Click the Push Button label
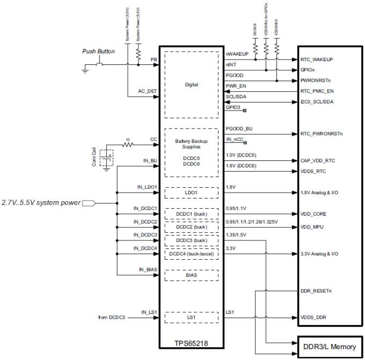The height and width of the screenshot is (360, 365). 99,52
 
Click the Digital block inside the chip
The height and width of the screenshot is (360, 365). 191,85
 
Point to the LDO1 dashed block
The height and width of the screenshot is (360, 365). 191,192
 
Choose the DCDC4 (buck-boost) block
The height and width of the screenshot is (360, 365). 191,253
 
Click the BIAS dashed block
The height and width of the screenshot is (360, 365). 191,275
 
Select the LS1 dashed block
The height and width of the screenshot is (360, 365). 191,318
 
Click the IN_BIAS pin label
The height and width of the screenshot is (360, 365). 148,269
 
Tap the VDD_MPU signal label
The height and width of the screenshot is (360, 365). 313,226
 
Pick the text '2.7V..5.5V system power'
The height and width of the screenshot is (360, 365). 41,203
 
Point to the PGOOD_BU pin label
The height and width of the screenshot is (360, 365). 239,129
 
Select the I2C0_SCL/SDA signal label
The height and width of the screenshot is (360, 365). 317,102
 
